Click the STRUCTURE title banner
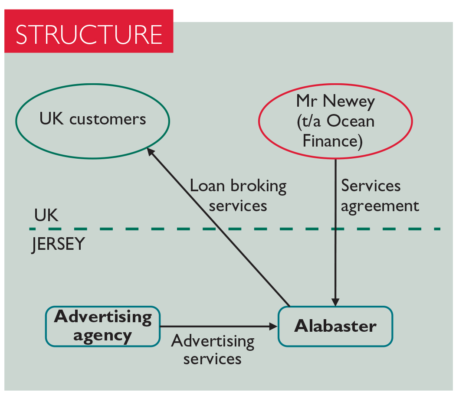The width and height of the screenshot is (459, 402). pos(89,33)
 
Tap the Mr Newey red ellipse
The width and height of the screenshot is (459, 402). pos(335,121)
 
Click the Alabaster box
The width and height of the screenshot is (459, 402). pos(335,326)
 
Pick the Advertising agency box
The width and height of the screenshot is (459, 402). pos(103,326)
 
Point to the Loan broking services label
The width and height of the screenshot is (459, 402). pos(238,195)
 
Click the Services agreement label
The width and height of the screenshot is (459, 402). pos(379,195)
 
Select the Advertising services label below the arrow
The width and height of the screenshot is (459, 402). pos(213,350)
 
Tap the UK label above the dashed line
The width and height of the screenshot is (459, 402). pos(46,216)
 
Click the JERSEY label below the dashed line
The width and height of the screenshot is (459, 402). pos(58,245)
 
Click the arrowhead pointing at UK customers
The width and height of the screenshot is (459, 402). pos(150,151)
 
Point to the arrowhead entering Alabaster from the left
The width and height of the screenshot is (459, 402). pos(273,326)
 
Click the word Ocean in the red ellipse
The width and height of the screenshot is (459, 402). pos(350,121)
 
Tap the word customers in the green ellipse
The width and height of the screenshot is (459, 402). pos(108,119)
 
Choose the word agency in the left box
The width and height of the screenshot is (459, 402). pos(102,336)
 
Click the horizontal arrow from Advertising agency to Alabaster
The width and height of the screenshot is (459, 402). pos(217,326)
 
